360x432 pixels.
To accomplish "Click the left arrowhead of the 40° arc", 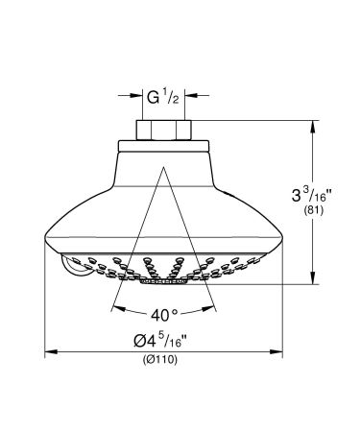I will point(116,310).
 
